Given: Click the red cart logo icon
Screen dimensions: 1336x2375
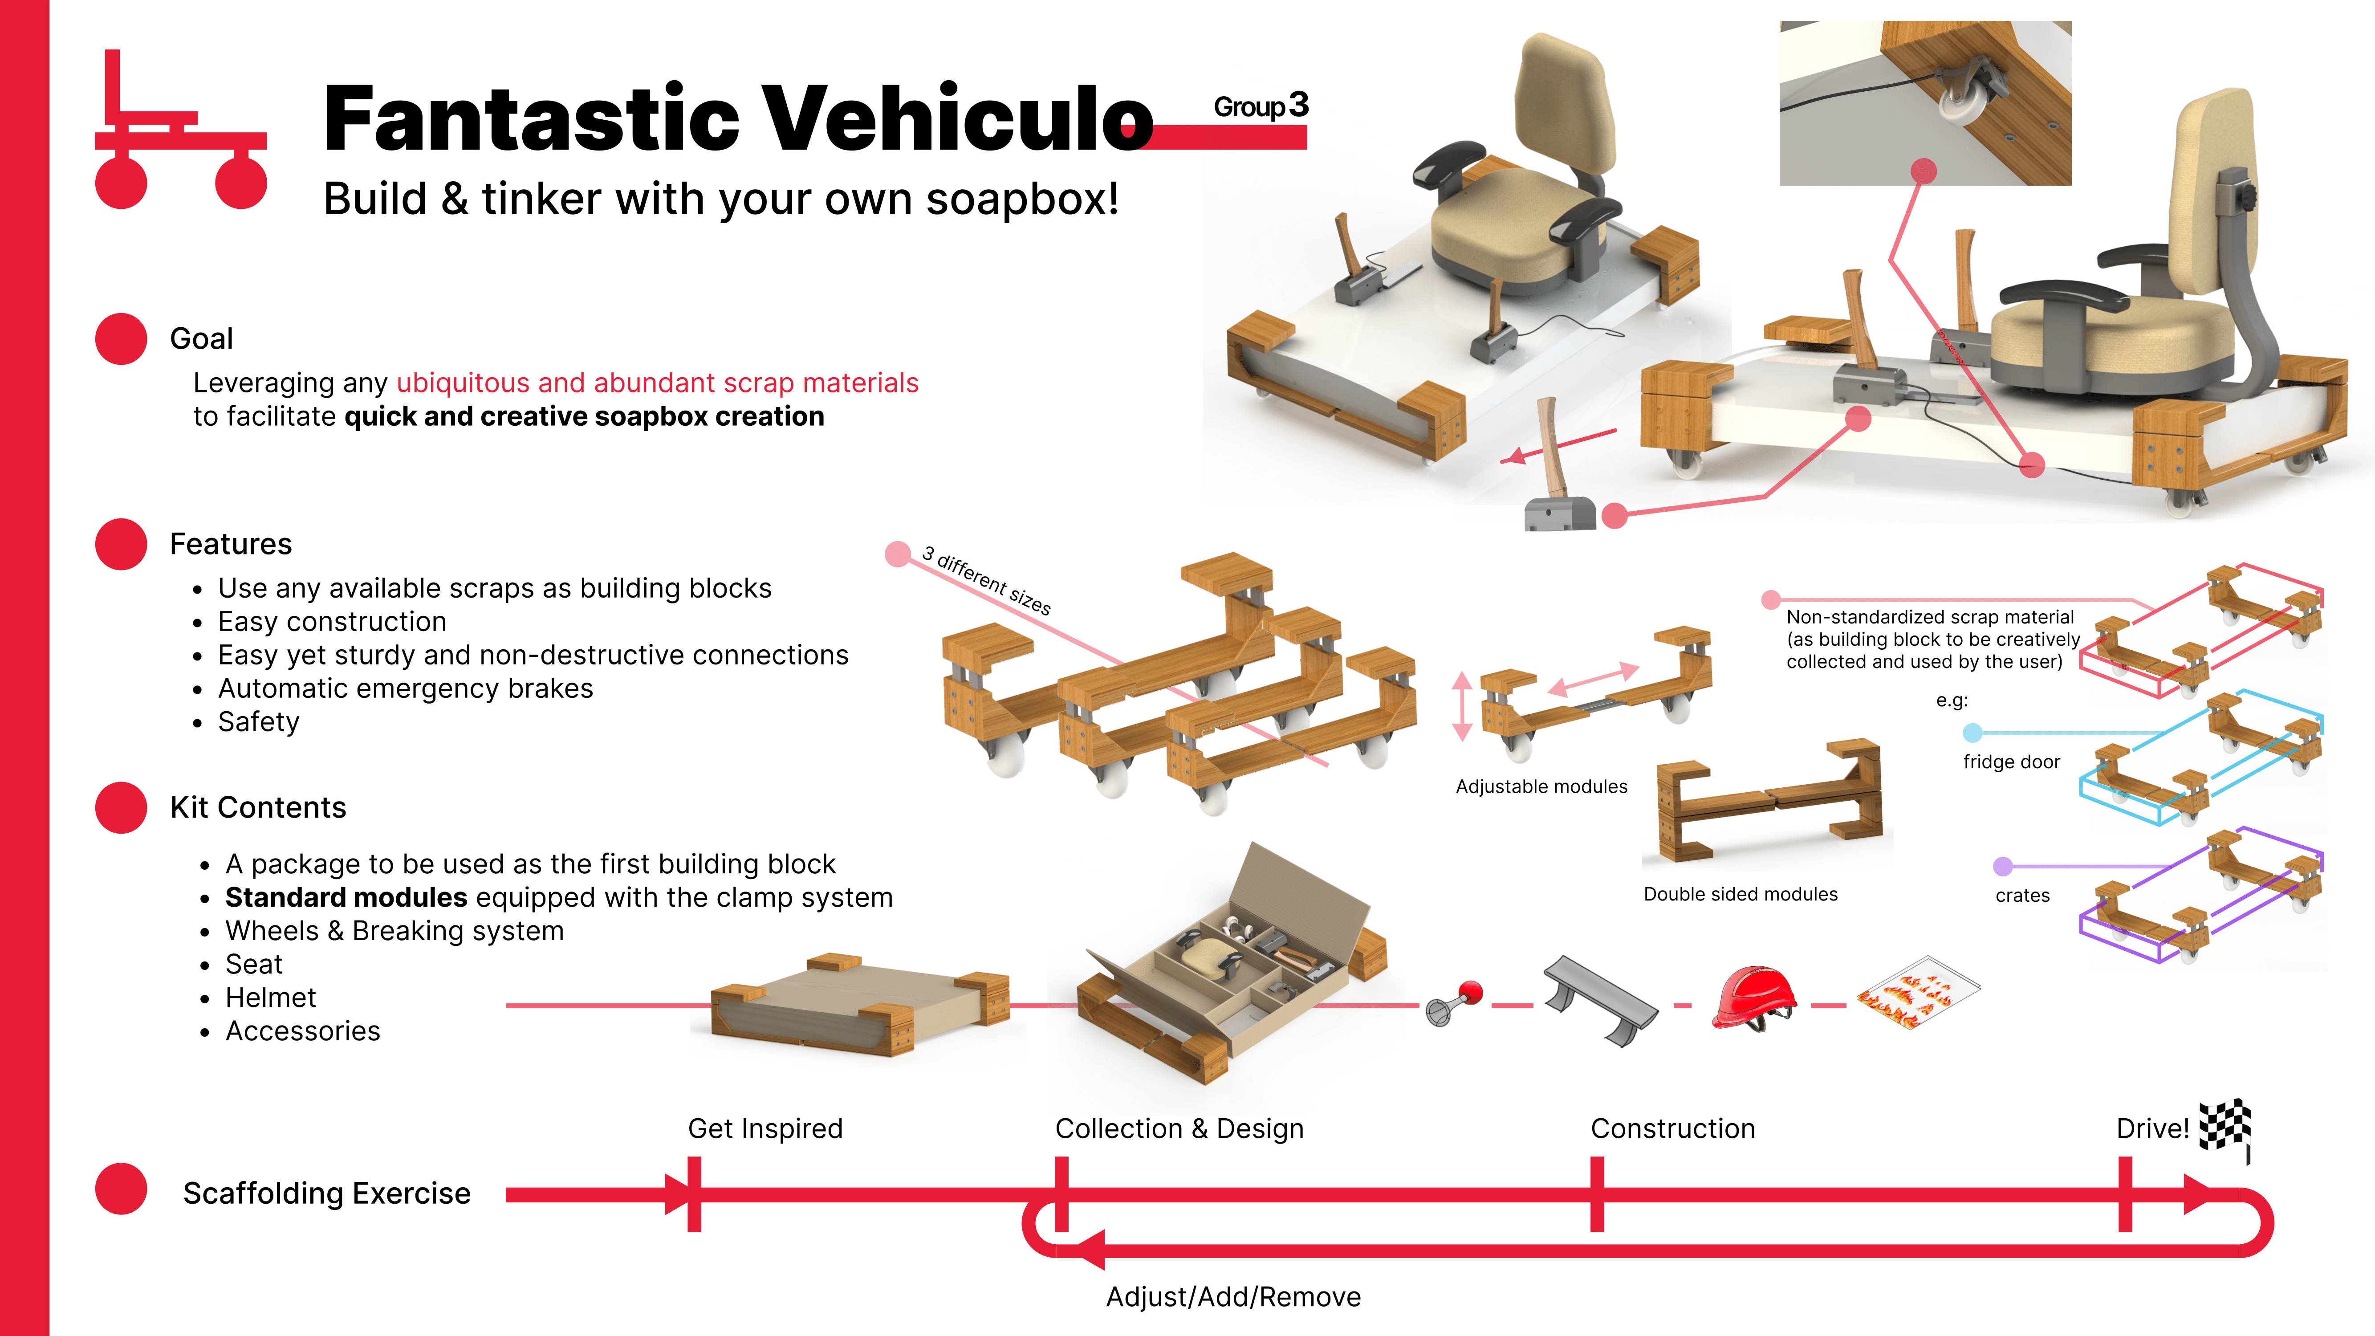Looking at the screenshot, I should point(181,134).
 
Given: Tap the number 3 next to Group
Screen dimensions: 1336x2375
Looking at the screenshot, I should point(1298,105).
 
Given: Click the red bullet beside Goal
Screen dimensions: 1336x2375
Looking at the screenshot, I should point(121,338).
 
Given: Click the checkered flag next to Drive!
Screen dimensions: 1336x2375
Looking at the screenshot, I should point(2226,1127).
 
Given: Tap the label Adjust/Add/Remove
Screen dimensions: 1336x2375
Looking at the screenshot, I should point(1232,1296).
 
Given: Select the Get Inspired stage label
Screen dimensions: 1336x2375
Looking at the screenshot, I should point(765,1128).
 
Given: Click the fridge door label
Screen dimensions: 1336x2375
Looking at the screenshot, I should point(2011,762).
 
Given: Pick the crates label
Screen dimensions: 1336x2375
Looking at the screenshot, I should point(2022,895).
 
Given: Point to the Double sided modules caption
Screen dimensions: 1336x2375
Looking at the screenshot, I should point(1740,893).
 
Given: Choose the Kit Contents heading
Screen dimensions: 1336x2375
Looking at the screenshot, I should point(258,808).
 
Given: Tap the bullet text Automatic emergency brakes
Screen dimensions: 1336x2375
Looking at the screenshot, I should point(406,689).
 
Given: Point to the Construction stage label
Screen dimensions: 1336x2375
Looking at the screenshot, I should point(1672,1128).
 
